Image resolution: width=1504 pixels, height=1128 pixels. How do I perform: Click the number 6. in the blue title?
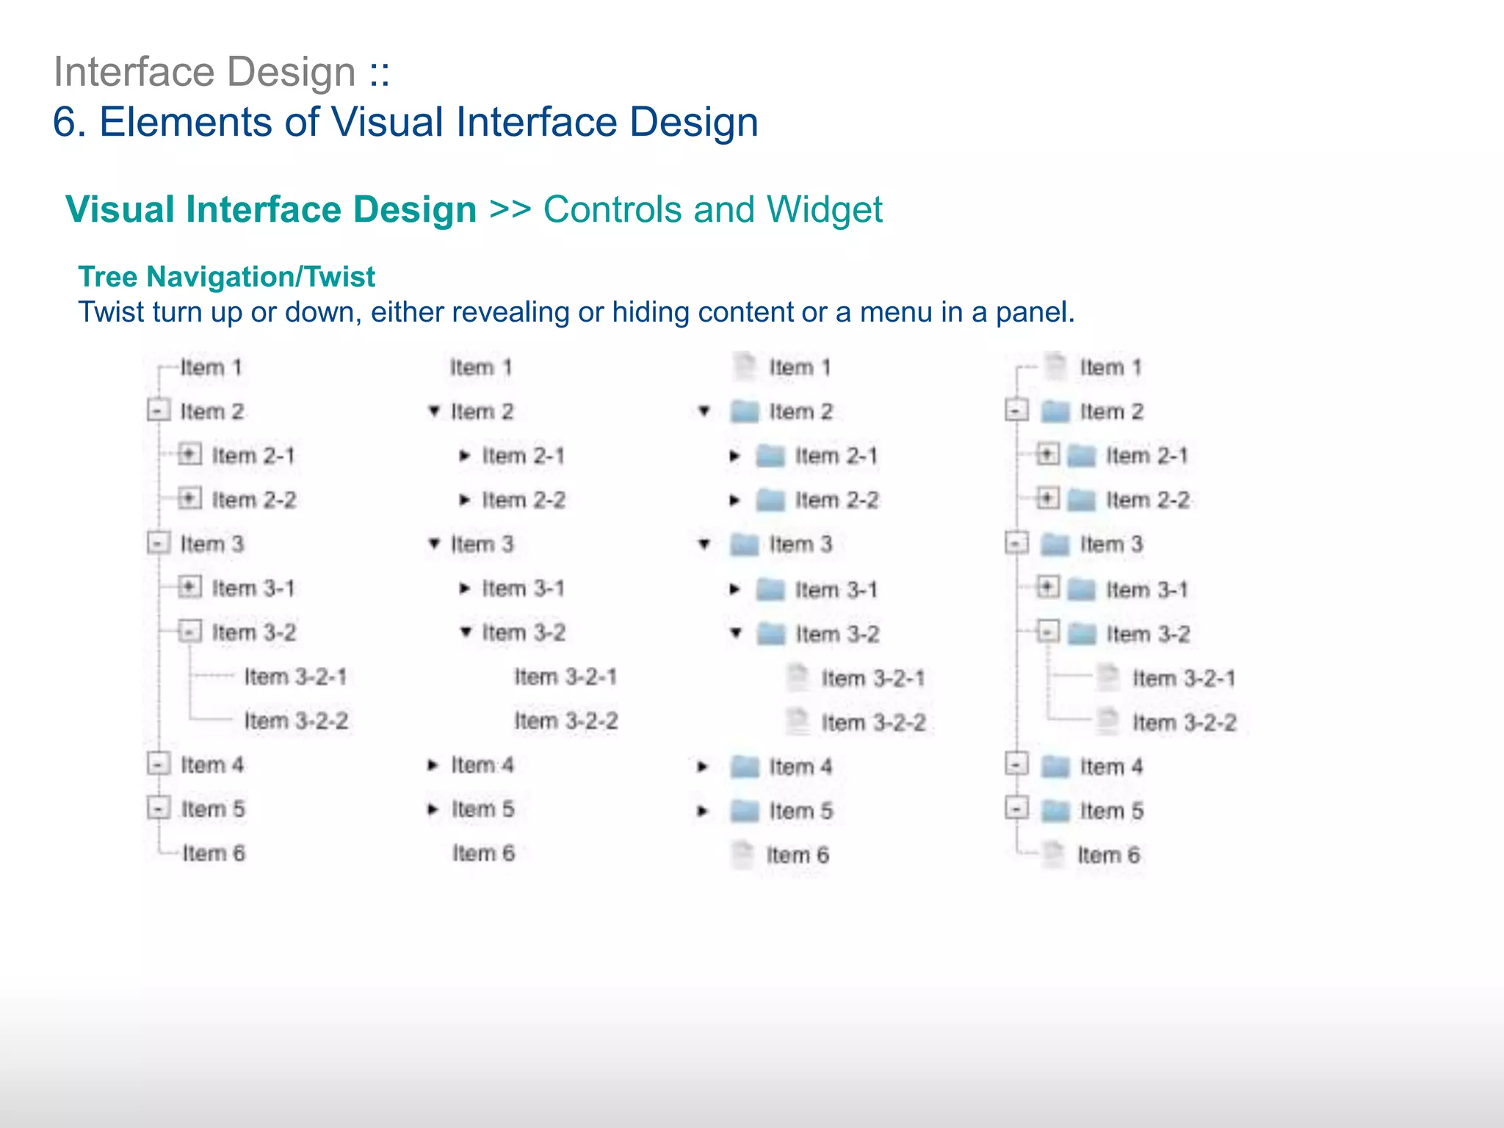tap(70, 122)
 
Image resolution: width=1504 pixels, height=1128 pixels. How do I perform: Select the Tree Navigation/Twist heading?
tap(226, 277)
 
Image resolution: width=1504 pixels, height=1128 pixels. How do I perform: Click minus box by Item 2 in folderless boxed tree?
tap(159, 410)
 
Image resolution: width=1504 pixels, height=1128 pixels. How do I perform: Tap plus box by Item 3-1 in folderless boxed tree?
tap(189, 587)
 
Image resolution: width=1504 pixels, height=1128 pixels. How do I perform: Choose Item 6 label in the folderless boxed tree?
tap(214, 853)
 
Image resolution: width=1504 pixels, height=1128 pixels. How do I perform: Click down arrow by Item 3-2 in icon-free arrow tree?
tap(466, 631)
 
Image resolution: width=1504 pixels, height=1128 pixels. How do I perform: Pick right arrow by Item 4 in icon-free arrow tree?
tap(433, 765)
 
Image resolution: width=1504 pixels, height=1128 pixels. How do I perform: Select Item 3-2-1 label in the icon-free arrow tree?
tap(565, 676)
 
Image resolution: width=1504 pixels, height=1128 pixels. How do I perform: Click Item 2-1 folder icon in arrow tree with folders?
tap(771, 456)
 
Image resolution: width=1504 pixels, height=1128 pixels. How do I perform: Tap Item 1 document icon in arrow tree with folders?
tap(745, 366)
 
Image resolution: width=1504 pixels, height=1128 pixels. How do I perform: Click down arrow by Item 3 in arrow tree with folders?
tap(704, 544)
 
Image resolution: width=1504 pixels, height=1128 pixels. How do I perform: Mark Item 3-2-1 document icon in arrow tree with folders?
tap(797, 677)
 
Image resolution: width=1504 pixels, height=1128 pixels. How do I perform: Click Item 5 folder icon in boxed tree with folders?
tap(1056, 811)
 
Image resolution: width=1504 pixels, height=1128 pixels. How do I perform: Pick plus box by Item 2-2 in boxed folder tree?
tap(1048, 499)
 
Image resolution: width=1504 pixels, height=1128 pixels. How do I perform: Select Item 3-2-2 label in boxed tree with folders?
tap(1184, 723)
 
